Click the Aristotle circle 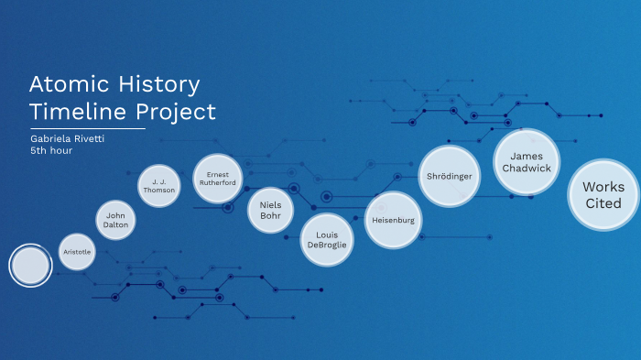(76, 251)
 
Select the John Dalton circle (115, 220)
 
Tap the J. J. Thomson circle (158, 187)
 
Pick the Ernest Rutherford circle (218, 177)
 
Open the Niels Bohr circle (270, 210)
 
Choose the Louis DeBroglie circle (327, 240)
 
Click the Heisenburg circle (394, 221)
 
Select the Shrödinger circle (450, 175)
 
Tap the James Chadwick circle (527, 162)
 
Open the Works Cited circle (603, 195)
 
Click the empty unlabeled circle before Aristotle (30, 266)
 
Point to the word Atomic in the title (70, 85)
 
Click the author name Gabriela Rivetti (67, 138)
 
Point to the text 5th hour (51, 150)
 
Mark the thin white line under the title (87, 129)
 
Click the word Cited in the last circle (603, 203)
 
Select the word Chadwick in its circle (527, 169)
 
